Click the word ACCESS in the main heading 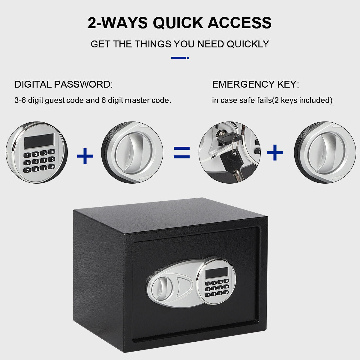[240, 23]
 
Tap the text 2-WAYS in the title [118, 23]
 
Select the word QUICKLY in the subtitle [248, 44]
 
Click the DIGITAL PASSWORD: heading [64, 84]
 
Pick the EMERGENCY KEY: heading [256, 84]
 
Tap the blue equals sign [181, 153]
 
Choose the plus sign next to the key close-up [275, 152]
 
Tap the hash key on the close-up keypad [51, 166]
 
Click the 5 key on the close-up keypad [35, 161]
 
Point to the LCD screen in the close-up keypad [39, 141]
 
